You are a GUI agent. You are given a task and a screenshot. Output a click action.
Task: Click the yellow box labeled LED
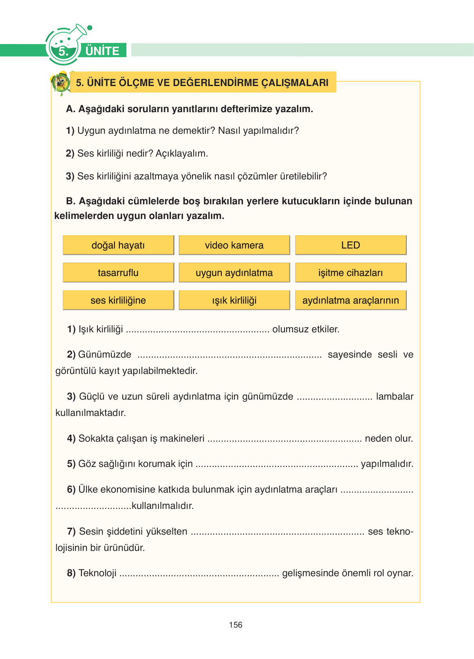point(351,245)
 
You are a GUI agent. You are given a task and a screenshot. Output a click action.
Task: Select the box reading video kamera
point(234,245)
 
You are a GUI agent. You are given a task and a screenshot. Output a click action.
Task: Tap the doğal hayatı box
point(118,245)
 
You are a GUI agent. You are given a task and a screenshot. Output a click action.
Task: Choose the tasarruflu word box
point(118,273)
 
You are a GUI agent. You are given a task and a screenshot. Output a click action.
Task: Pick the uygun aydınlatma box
point(234,273)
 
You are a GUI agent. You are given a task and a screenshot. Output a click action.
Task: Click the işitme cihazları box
point(351,273)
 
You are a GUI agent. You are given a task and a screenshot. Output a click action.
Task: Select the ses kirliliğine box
point(118,301)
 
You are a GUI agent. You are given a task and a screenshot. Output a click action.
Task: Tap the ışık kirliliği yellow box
point(234,301)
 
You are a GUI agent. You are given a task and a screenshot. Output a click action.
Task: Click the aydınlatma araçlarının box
point(351,301)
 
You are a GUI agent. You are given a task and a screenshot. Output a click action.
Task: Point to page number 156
point(236,625)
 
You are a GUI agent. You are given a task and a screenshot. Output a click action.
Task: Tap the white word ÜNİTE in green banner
point(102,51)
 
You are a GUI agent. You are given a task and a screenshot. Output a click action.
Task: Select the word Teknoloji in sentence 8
point(97,573)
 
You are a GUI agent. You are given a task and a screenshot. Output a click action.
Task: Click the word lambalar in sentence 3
point(395,396)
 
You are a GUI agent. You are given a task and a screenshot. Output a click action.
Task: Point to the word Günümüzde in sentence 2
point(105,354)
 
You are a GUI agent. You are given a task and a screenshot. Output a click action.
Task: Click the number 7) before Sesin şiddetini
point(71,531)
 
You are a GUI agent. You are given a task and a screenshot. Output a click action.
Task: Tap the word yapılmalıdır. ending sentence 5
point(387,464)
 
